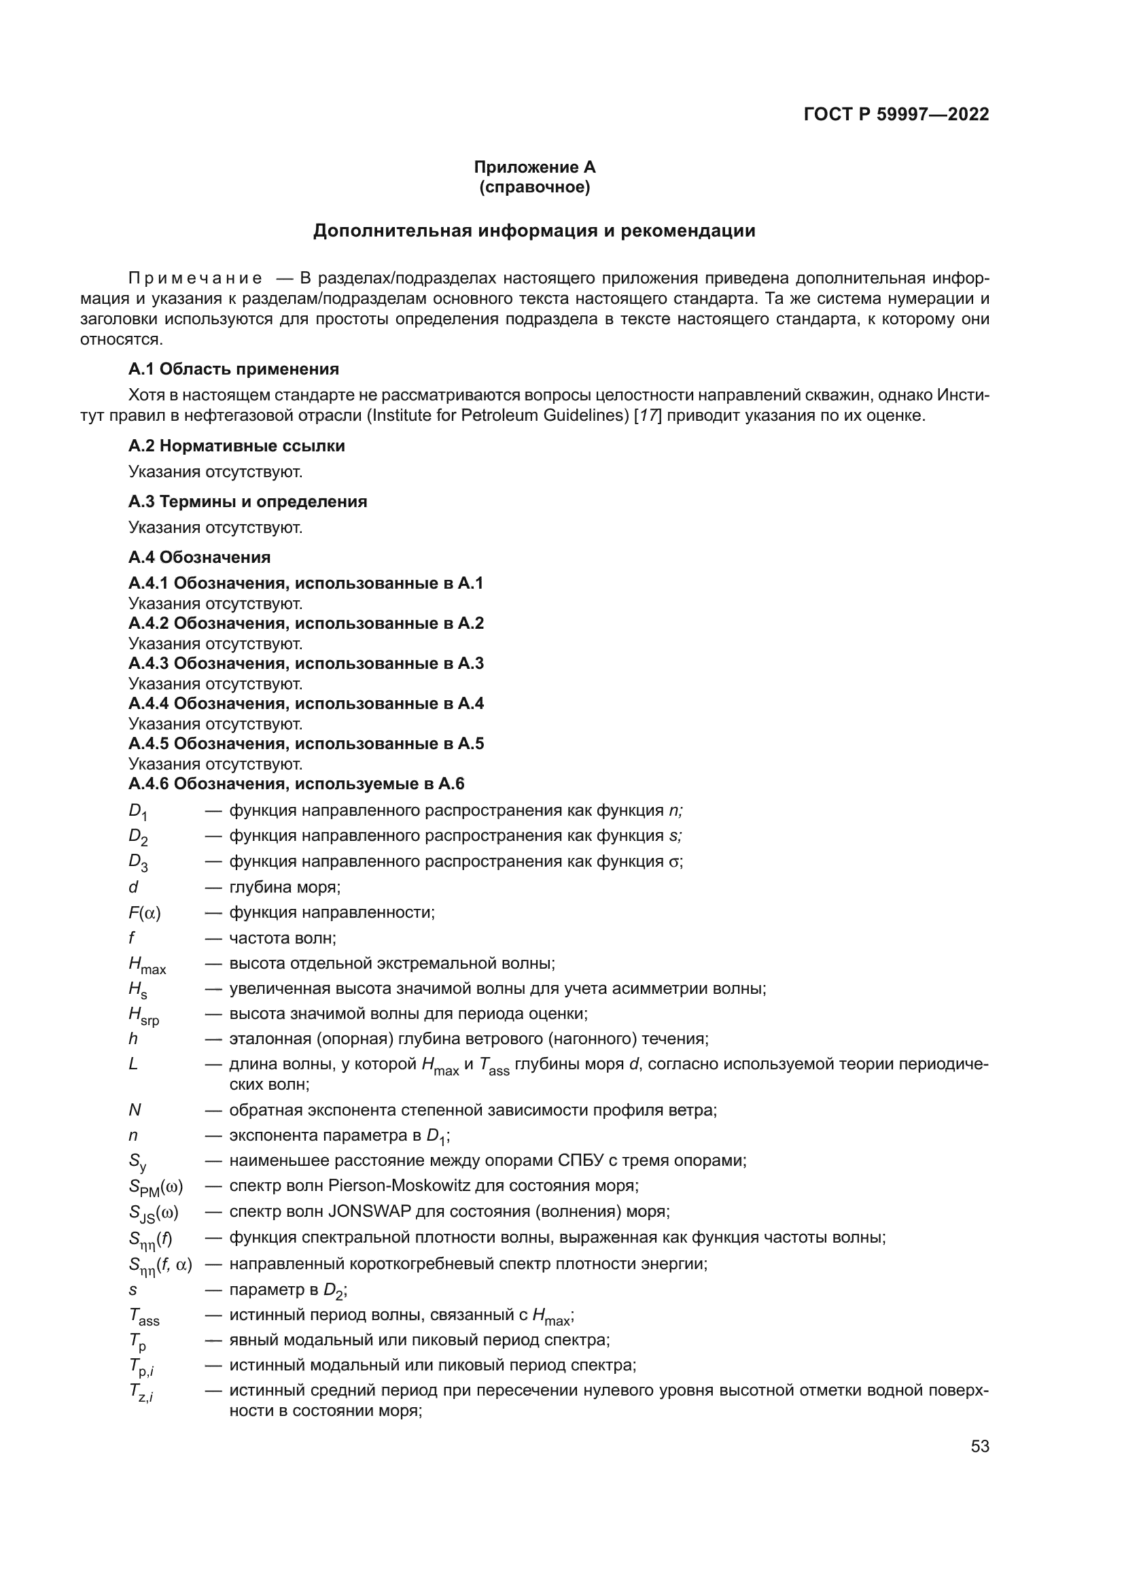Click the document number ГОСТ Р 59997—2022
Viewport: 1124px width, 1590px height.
(896, 114)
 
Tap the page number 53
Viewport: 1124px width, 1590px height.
(979, 1447)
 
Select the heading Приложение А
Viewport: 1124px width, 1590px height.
(534, 167)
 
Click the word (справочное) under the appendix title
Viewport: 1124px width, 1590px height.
(534, 187)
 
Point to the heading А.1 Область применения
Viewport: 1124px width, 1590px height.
(233, 369)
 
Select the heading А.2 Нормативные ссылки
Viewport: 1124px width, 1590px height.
(236, 446)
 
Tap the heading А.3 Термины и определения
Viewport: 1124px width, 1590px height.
(247, 502)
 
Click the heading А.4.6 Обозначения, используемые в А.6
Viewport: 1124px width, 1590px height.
(296, 784)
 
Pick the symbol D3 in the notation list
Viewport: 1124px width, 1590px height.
(138, 863)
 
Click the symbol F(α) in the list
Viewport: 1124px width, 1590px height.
(144, 914)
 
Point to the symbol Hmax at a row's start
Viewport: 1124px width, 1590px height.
(147, 965)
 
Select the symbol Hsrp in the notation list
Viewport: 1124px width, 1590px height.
(143, 1016)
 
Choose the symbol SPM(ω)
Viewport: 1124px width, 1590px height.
(155, 1188)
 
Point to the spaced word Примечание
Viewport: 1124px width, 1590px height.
(195, 279)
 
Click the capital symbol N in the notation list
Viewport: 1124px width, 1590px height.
(135, 1110)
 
